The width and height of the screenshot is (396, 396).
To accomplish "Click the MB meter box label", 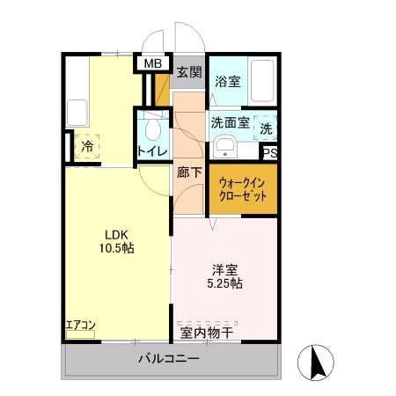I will pos(153,63).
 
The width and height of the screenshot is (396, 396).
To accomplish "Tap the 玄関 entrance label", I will pos(187,72).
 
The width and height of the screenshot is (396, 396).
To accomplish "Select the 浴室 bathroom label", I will pos(229,82).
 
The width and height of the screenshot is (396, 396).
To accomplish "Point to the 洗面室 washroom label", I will pos(229,123).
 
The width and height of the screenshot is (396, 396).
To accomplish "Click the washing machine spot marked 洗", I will pos(267,128).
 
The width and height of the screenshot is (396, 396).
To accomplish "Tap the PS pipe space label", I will pos(271,152).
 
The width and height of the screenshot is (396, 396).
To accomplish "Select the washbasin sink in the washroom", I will pos(225,146).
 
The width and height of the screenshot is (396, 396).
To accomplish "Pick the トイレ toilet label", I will pos(152,152).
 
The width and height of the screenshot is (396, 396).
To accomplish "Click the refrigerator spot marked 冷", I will pos(87,146).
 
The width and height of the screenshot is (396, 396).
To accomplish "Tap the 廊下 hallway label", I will pos(189,172).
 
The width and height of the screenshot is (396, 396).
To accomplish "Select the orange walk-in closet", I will pos(243,190).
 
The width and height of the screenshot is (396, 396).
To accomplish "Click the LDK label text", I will pos(117,234).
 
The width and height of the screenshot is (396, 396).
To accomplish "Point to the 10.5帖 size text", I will pos(117,249).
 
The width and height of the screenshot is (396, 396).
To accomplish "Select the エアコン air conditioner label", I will pos(80,326).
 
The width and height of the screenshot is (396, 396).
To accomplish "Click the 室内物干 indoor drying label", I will pos(207,332).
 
